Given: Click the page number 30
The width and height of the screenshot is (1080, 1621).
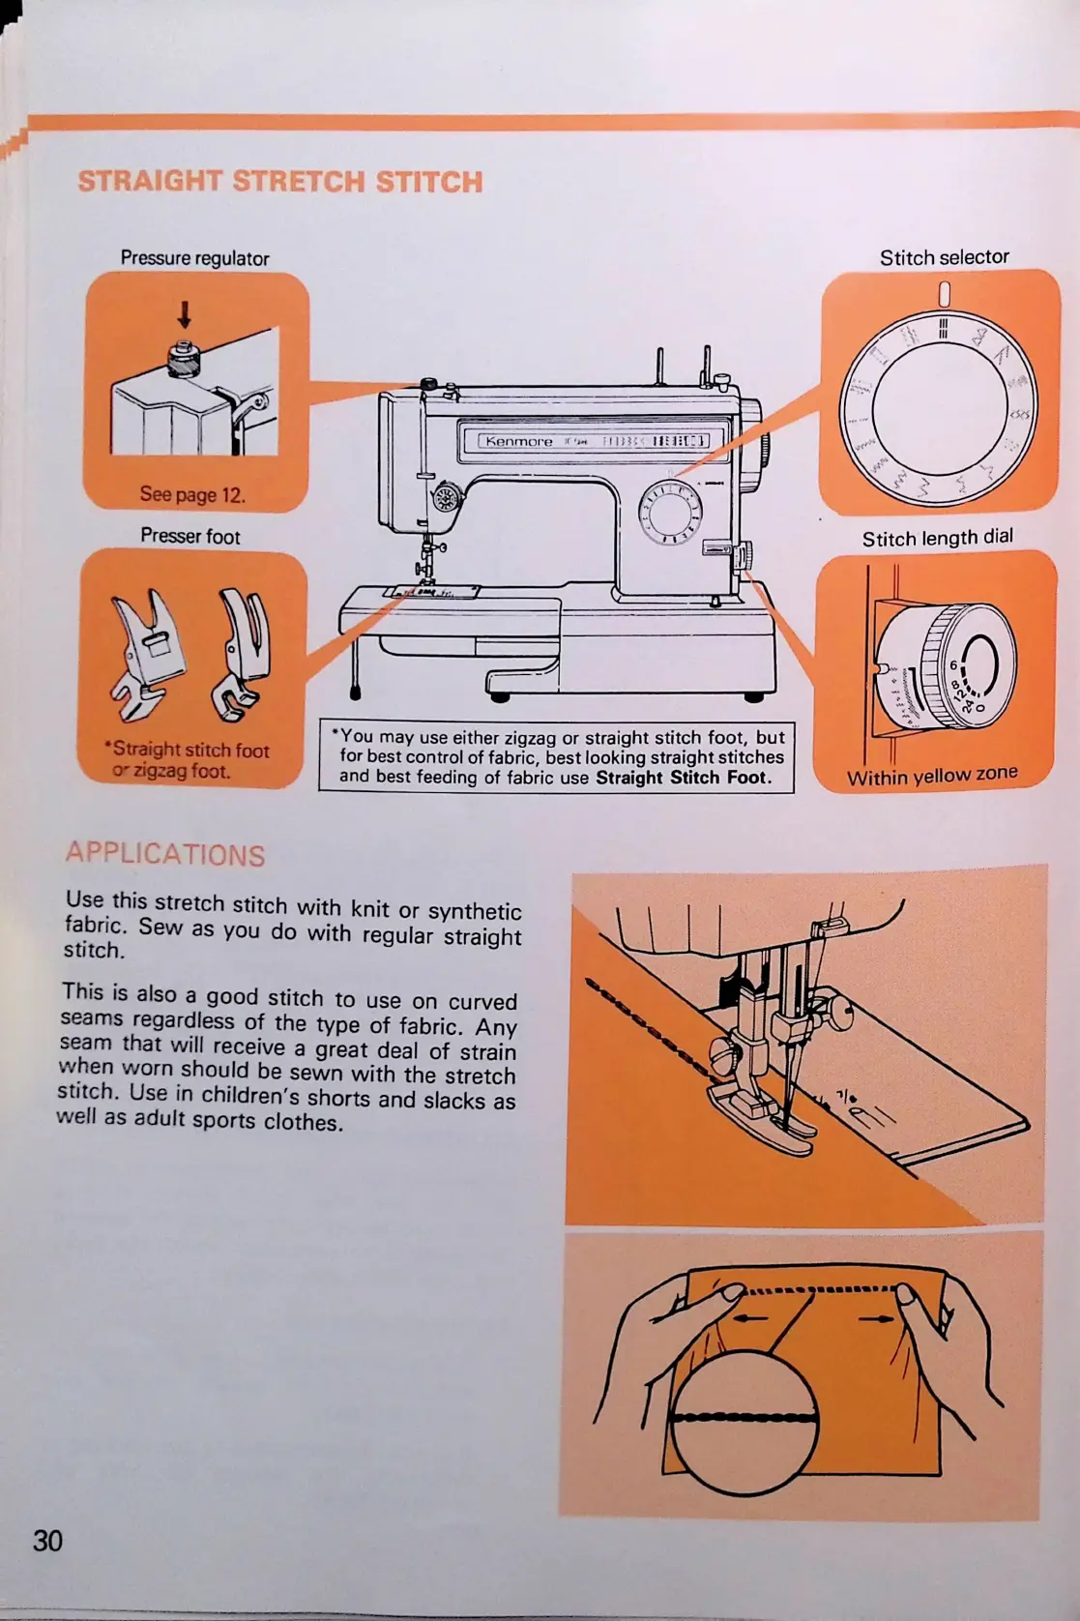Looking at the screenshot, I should [47, 1540].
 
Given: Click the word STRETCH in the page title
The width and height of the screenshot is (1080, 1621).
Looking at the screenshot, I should [299, 182].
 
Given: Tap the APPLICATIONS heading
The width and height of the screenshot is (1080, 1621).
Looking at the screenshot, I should [165, 854].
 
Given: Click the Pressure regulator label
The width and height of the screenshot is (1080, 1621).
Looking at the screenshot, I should [194, 258].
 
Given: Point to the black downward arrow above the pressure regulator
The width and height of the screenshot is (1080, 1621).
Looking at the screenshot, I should [184, 314].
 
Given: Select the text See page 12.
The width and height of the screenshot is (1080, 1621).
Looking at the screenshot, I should [192, 494].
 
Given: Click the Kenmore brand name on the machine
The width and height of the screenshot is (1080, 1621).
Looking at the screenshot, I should [519, 442].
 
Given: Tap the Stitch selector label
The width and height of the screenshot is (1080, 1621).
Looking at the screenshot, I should [944, 257].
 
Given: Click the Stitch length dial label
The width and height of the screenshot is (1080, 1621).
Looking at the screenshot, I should [937, 538].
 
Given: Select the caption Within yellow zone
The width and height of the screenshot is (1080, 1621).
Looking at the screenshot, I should [932, 776].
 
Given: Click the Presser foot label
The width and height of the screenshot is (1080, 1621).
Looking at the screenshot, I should [190, 536].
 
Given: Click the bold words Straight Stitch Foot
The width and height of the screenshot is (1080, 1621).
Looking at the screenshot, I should [683, 778].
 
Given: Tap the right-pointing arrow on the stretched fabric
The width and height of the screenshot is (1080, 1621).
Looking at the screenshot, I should [875, 1317].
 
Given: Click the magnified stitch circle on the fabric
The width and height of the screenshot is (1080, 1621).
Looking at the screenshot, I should [744, 1418].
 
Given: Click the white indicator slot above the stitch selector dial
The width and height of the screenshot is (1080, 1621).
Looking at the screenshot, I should [945, 293].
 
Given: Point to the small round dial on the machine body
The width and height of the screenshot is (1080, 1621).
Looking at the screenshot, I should [669, 510].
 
